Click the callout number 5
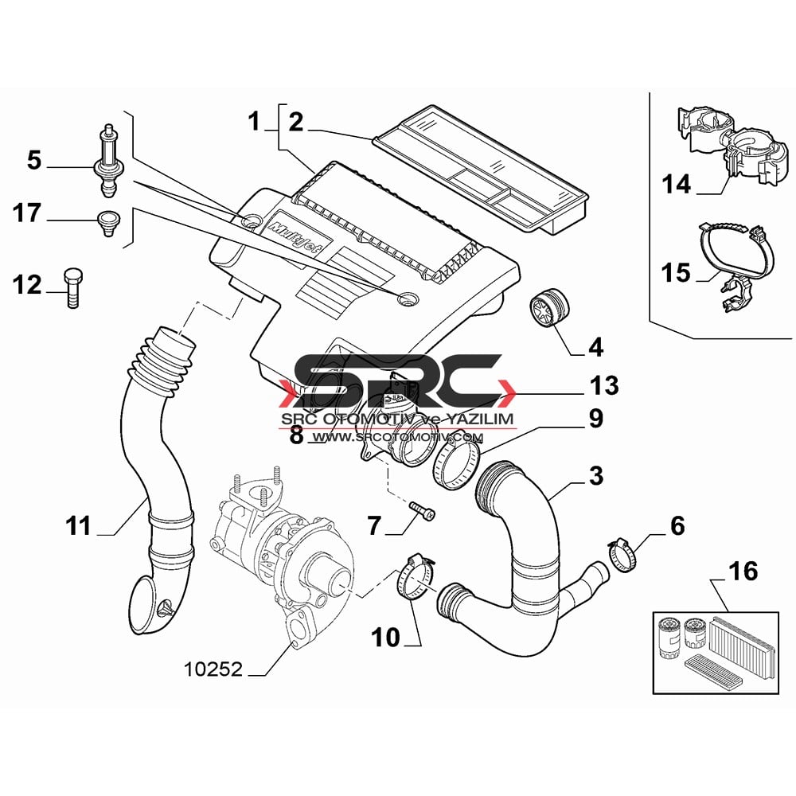(34, 160)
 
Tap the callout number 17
(27, 213)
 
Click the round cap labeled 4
(549, 309)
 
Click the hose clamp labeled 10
(416, 578)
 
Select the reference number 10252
(213, 669)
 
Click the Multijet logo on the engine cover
(299, 238)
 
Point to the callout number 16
(743, 571)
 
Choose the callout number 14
(676, 184)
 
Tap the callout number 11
(78, 526)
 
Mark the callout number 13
(604, 385)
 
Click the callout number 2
(296, 123)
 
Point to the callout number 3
(596, 476)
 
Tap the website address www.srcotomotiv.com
(397, 437)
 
